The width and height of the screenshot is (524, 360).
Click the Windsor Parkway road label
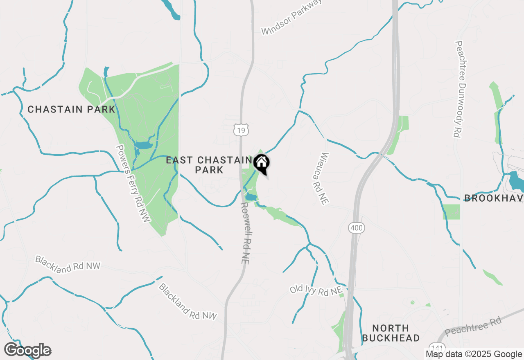pyautogui.click(x=291, y=17)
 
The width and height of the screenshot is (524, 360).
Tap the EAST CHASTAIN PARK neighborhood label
pyautogui.click(x=209, y=165)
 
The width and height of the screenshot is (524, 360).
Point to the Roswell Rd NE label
pyautogui.click(x=244, y=233)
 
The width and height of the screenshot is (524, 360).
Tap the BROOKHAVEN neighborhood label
pyautogui.click(x=494, y=198)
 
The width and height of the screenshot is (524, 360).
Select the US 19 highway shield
pyautogui.click(x=241, y=130)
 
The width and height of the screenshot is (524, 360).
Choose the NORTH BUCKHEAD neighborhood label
pyautogui.click(x=391, y=333)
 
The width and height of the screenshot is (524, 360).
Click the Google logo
pyautogui.click(x=27, y=350)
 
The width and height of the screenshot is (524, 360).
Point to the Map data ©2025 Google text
pyautogui.click(x=474, y=354)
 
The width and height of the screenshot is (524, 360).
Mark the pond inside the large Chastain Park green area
pyautogui.click(x=143, y=145)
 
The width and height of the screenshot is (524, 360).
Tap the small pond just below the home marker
pyautogui.click(x=250, y=198)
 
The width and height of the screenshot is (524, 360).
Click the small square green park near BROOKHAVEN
pyautogui.click(x=451, y=211)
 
